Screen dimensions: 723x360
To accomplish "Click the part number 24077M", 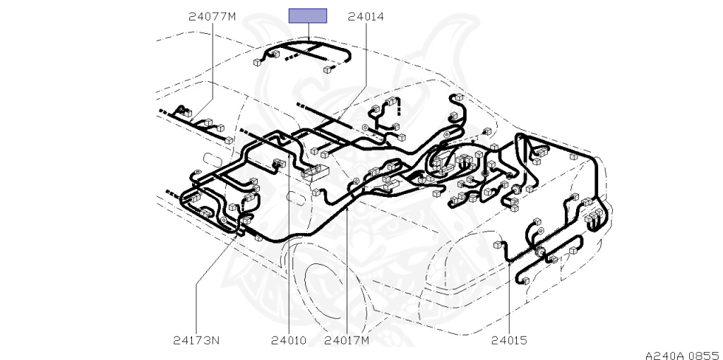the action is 212,17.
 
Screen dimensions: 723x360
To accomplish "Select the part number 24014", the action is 366,17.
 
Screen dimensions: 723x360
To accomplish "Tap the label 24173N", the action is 196,340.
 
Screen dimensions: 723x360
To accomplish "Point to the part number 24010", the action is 289,340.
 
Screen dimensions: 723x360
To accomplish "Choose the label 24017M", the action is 347,340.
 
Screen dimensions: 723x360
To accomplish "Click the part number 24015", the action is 508,340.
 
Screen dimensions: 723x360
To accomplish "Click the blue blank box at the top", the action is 308,16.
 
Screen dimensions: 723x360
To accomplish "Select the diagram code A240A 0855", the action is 683,355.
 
